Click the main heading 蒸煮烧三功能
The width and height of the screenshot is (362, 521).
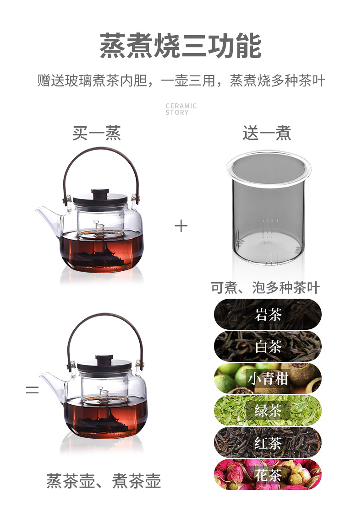point(181,46)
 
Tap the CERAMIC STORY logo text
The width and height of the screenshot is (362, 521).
point(181,109)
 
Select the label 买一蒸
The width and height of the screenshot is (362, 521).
point(97,133)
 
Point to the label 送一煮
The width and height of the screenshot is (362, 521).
point(267,133)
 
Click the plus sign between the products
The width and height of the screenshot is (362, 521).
point(181,226)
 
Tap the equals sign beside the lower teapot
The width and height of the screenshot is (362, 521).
point(32,389)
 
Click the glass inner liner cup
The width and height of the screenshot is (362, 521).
point(268,208)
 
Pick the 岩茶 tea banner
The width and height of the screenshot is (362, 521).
point(268,314)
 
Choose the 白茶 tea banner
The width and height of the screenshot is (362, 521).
point(268,347)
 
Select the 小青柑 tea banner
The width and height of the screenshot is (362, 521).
point(268,378)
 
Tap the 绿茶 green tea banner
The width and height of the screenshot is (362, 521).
point(268,411)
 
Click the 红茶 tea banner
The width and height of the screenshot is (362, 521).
point(268,443)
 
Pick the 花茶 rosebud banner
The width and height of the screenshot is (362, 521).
point(268,474)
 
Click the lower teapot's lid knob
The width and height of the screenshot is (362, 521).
point(104,359)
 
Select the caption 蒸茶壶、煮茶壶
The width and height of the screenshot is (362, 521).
point(104,481)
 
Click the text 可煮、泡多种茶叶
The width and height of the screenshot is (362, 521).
point(265,288)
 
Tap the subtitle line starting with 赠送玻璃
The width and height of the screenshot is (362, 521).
point(181,81)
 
